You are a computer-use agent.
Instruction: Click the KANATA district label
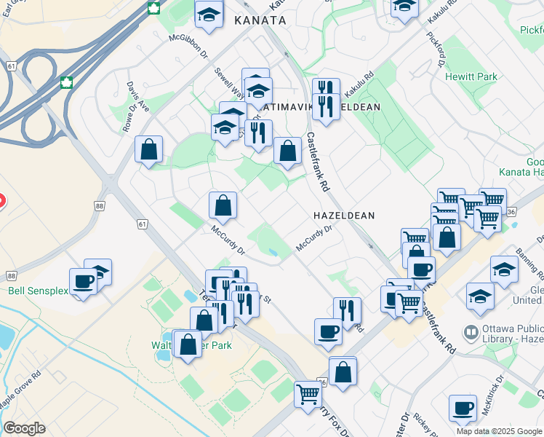(260, 21)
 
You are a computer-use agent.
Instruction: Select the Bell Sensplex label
(38, 291)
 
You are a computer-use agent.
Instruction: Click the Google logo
(24, 428)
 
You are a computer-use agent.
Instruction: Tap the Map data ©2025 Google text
(498, 431)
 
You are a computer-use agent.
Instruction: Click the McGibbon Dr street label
(188, 44)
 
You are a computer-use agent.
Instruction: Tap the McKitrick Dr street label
(492, 394)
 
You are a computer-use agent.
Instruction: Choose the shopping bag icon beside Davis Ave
(149, 150)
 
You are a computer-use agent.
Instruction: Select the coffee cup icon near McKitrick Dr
(463, 408)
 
